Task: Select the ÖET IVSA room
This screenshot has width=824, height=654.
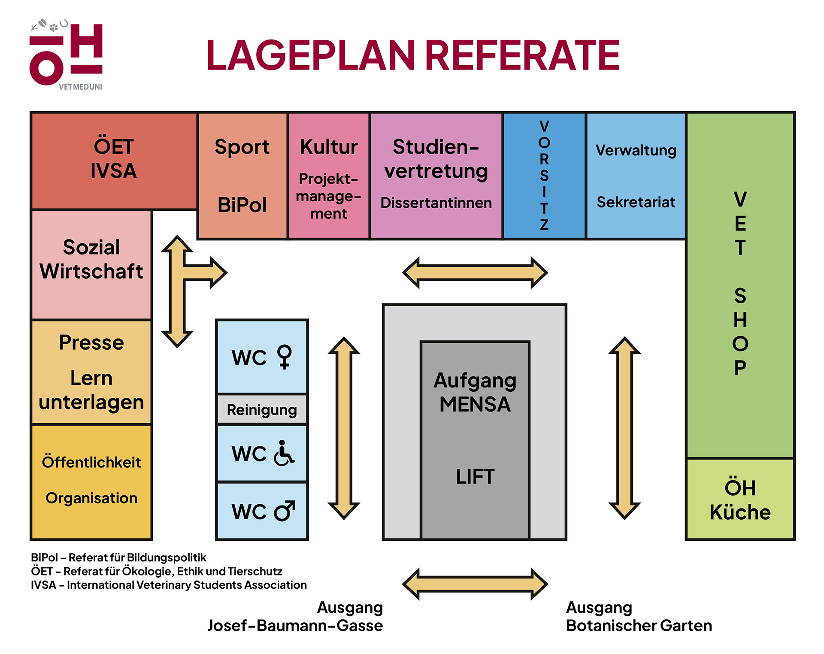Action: [114, 160]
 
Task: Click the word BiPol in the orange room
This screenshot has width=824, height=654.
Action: [242, 205]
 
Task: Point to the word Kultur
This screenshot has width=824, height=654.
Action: [329, 147]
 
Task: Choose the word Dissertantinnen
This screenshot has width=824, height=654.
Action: [436, 203]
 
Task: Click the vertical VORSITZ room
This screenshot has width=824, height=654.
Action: [544, 175]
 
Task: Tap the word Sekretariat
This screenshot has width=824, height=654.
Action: [636, 202]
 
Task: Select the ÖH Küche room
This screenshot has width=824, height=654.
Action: [740, 500]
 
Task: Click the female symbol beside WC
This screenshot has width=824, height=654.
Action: [285, 357]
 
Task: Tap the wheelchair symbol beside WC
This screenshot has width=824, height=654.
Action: [284, 453]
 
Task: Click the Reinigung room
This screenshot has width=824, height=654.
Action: [262, 410]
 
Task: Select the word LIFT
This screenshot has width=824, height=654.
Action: [475, 476]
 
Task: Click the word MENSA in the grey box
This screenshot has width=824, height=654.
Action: [475, 404]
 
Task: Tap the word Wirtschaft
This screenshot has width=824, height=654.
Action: [91, 271]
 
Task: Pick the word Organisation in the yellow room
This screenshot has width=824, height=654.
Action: [91, 498]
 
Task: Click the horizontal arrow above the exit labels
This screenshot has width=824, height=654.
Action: [475, 584]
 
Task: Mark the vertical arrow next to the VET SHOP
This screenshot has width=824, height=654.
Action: [624, 428]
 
